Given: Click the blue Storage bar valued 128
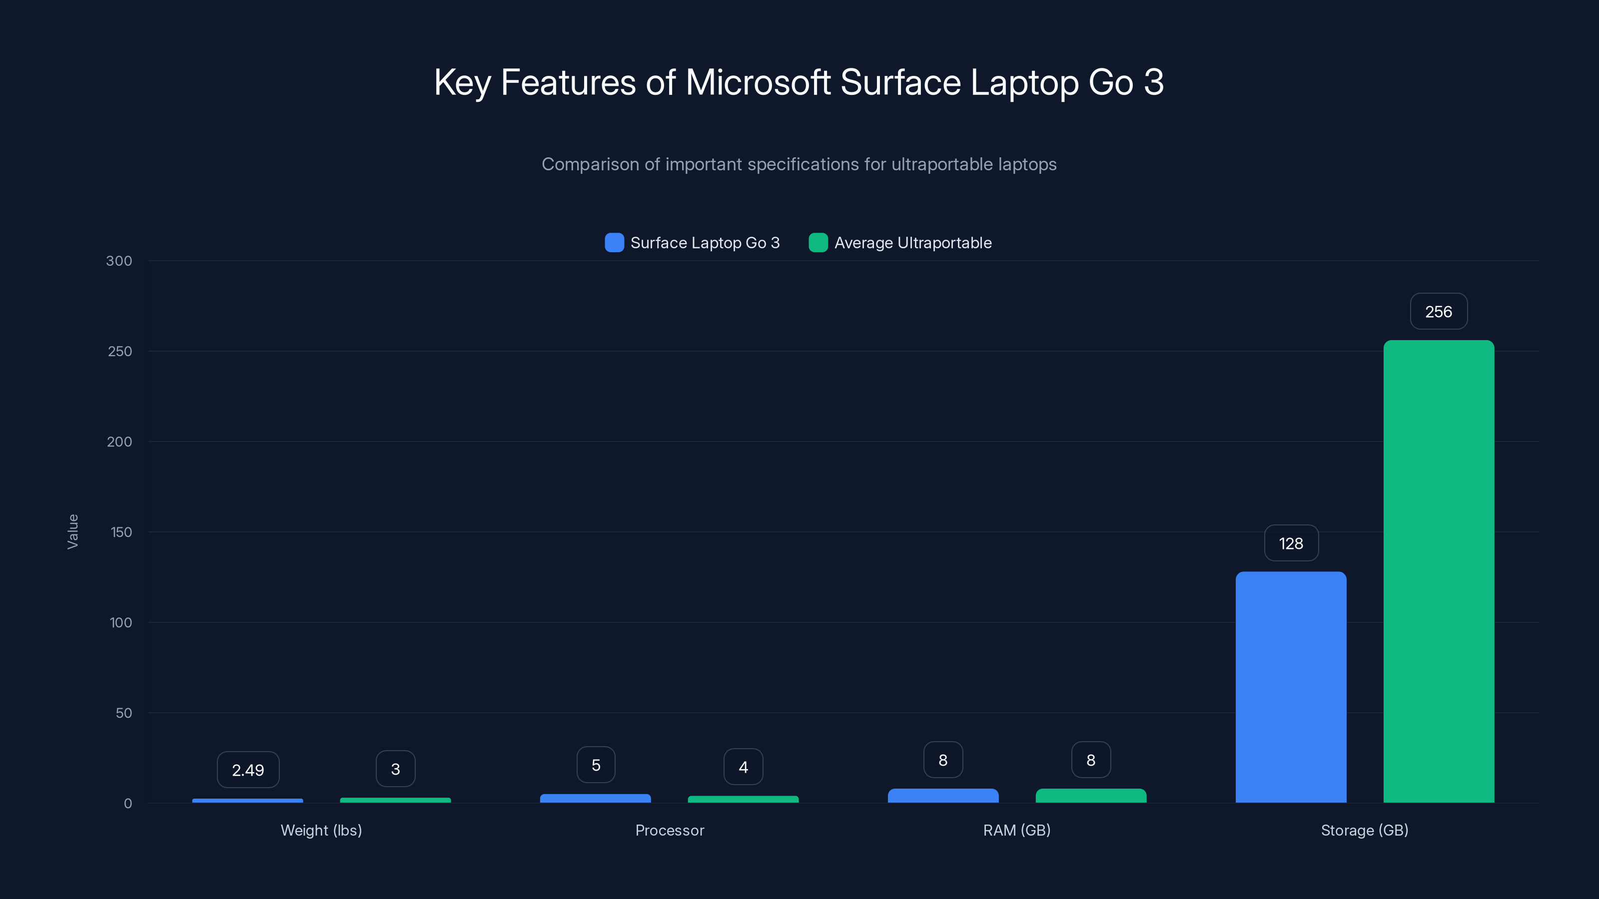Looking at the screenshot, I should click(1291, 687).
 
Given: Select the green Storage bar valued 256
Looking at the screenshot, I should click(1438, 571).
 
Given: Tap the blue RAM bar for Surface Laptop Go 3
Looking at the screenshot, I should click(943, 796).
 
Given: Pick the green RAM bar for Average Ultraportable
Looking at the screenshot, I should click(1091, 796).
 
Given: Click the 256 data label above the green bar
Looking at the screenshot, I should click(1438, 312).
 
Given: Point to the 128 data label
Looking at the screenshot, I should click(1291, 543).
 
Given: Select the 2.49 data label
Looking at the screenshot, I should click(248, 770).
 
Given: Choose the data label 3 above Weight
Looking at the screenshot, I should click(395, 769).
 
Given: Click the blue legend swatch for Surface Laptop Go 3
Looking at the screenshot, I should click(614, 243).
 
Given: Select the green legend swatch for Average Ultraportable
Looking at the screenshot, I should click(818, 243).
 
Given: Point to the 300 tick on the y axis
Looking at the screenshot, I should click(119, 261).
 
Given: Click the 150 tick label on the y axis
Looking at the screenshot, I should click(121, 532).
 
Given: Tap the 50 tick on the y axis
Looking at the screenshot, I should click(123, 713).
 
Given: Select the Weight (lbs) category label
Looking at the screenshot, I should click(321, 830).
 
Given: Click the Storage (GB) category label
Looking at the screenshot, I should click(1364, 830).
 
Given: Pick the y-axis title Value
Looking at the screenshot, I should click(72, 531).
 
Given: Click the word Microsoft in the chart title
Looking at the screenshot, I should click(758, 82).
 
